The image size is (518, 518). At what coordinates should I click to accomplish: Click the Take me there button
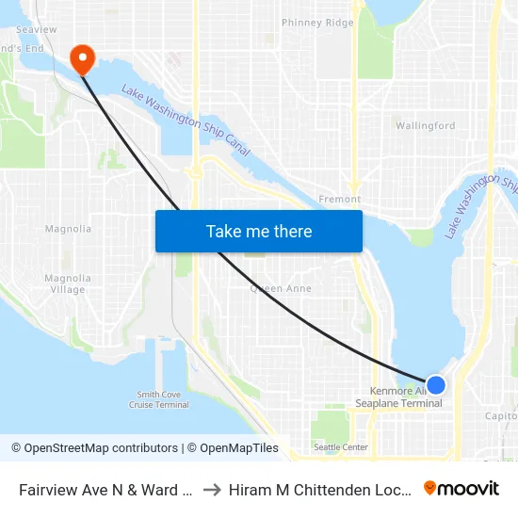point(259,231)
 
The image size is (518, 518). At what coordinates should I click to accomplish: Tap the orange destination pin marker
point(83,59)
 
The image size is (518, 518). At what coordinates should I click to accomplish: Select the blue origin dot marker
point(436,384)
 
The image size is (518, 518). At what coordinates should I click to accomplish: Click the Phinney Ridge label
point(317,23)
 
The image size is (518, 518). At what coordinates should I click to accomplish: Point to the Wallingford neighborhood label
point(425,125)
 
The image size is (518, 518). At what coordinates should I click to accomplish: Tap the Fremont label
point(340,200)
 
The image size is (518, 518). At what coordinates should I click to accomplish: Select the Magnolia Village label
point(68,283)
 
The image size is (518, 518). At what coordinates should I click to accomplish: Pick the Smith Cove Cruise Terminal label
point(159,399)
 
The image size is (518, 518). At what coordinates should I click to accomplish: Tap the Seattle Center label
point(341,447)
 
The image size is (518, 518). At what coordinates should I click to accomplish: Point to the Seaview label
point(36,30)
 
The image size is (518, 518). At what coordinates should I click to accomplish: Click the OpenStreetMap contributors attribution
point(101,448)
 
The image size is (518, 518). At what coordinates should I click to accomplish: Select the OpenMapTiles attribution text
point(236,448)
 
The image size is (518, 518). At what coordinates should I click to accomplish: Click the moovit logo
point(461,488)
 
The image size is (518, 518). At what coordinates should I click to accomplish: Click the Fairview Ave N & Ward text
point(106,489)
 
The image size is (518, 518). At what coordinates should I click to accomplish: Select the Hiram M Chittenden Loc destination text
point(319,489)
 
